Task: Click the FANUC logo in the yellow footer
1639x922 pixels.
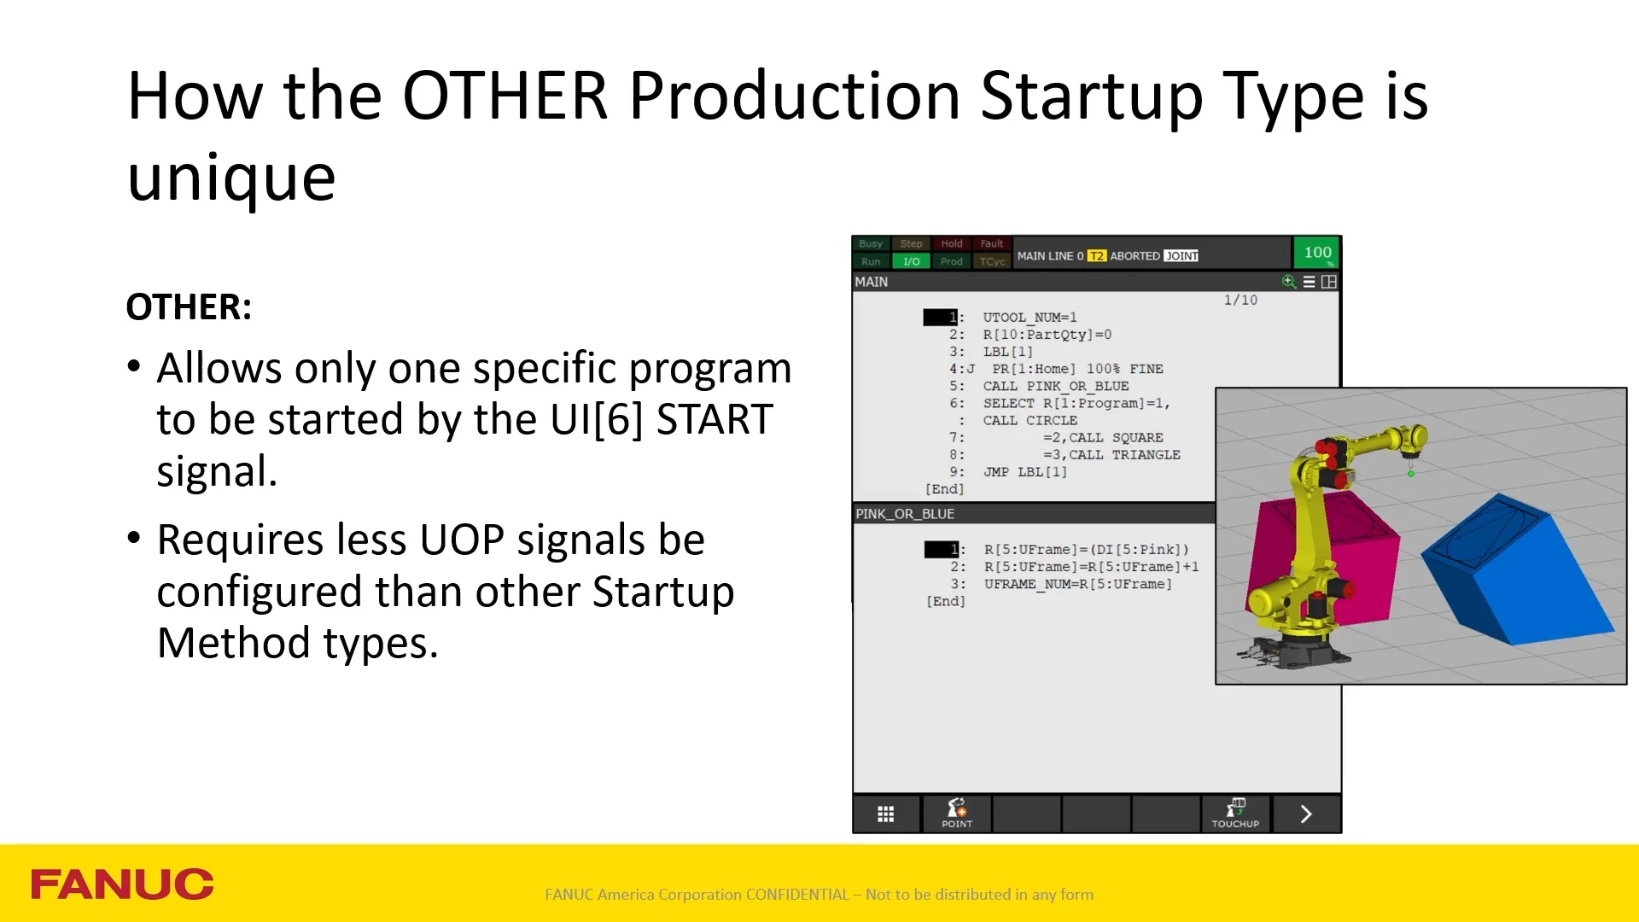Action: tap(122, 884)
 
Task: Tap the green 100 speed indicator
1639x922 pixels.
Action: tap(1317, 253)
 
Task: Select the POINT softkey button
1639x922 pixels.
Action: tap(957, 813)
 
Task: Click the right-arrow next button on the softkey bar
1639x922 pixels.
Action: tap(1306, 814)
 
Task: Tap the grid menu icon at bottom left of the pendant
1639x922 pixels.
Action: tap(886, 814)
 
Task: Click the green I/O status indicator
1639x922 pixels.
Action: tap(912, 261)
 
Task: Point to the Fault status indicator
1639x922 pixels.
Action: tap(992, 243)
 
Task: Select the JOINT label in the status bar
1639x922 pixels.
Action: tap(1181, 256)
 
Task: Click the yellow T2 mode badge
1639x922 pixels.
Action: tap(1096, 256)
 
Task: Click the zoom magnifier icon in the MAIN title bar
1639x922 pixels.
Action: tap(1289, 282)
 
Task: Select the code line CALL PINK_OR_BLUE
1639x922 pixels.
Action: tap(1055, 386)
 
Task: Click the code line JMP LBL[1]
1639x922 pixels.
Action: tap(1024, 471)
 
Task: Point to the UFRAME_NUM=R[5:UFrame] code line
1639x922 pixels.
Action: tap(1077, 584)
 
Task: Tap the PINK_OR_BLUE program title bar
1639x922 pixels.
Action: tap(1034, 514)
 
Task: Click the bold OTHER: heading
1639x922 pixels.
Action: tap(189, 307)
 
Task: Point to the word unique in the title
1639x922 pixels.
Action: tap(231, 180)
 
